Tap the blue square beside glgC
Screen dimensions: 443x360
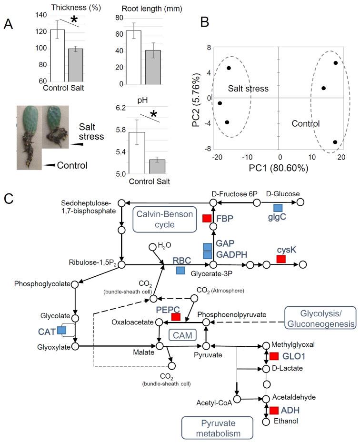pos(278,208)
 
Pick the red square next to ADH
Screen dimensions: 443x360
pos(274,410)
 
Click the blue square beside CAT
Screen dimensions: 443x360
pos(61,330)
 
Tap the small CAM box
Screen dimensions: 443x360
pos(181,335)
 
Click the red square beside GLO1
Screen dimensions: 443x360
pos(274,356)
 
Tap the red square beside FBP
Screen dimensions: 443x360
pos(207,218)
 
